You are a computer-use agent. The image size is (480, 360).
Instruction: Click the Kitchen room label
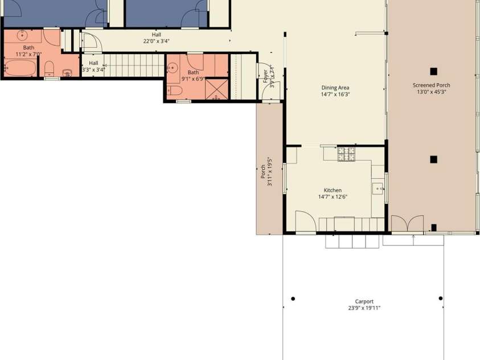click(x=333, y=190)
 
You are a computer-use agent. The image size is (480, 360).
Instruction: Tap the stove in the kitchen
click(x=346, y=153)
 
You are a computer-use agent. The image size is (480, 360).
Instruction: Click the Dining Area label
click(x=335, y=88)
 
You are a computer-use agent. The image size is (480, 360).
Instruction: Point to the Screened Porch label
click(x=431, y=85)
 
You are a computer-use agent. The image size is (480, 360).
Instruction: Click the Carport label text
click(x=364, y=301)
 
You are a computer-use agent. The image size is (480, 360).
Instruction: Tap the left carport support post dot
click(x=293, y=298)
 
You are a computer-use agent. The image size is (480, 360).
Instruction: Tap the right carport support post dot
click(x=440, y=298)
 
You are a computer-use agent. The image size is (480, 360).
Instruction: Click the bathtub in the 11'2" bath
click(x=18, y=68)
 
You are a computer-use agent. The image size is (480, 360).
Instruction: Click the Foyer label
click(x=265, y=73)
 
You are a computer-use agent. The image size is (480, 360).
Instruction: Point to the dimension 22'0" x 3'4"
click(x=156, y=41)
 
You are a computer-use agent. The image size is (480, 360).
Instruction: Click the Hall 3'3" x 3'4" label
click(x=93, y=66)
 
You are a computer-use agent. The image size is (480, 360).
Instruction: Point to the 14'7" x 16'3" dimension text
click(x=335, y=95)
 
